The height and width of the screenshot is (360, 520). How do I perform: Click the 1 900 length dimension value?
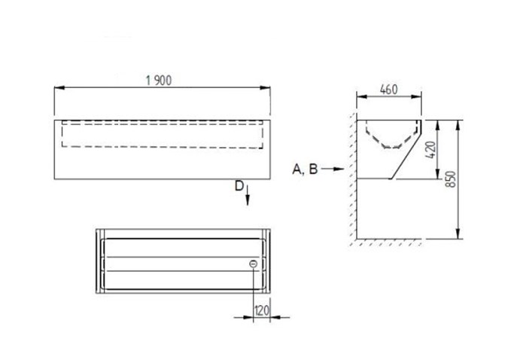[159, 81]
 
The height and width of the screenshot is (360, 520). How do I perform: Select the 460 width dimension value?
[388, 90]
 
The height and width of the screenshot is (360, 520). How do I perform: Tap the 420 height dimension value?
[430, 150]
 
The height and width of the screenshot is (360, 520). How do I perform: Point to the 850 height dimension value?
[450, 179]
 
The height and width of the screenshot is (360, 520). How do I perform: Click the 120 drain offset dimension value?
[262, 311]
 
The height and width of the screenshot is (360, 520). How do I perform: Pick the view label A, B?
[305, 169]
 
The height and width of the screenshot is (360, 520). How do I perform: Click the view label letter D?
[239, 186]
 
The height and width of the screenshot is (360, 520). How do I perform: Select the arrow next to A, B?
[333, 169]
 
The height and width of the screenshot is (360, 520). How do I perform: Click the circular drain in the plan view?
[254, 264]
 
